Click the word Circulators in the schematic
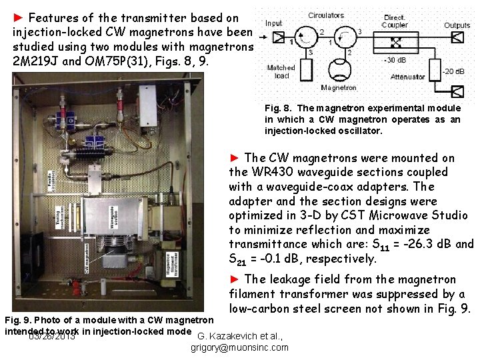click(326, 15)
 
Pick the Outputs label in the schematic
click(457, 25)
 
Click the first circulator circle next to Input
click(306, 38)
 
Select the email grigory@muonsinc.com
click(240, 347)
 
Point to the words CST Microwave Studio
click(399, 216)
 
